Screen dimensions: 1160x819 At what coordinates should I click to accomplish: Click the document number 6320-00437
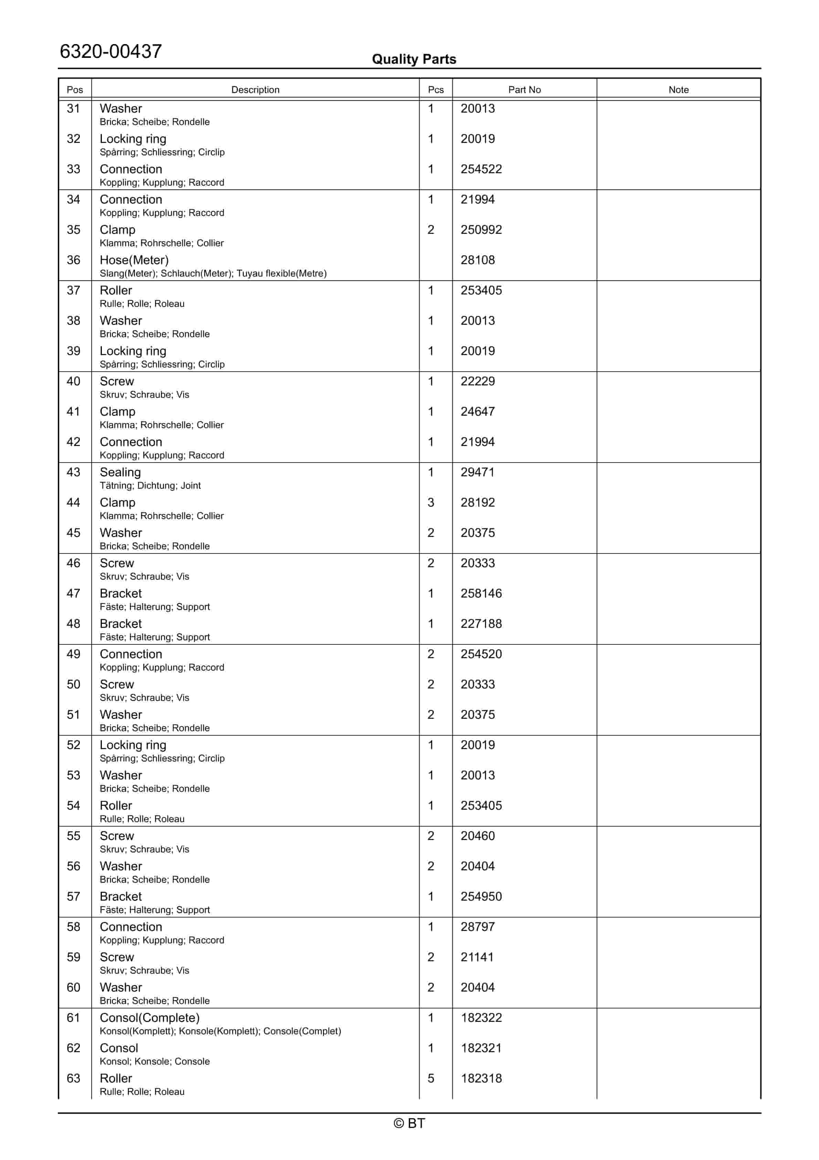(x=110, y=52)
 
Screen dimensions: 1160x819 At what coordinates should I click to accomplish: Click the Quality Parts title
(x=414, y=59)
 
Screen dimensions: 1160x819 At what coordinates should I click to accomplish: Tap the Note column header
(x=678, y=90)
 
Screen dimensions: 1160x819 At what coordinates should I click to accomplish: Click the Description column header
(x=255, y=90)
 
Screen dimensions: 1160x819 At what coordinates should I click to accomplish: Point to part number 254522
(x=481, y=169)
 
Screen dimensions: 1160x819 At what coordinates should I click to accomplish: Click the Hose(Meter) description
(x=134, y=260)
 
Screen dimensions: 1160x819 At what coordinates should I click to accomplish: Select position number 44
(x=73, y=503)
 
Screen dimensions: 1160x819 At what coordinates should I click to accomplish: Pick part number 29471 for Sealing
(x=477, y=473)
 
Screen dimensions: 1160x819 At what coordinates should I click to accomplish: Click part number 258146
(x=481, y=594)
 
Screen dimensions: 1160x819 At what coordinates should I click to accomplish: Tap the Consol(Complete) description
(x=149, y=1018)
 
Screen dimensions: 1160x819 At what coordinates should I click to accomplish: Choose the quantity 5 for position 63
(x=431, y=1079)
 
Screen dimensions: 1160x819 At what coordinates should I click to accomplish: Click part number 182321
(x=481, y=1048)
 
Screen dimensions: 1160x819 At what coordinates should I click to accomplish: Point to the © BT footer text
(x=409, y=1123)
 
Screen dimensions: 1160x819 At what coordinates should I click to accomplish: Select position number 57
(x=73, y=897)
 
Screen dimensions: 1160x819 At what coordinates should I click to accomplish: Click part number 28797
(x=477, y=927)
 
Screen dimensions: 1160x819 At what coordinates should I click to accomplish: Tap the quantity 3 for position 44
(x=431, y=503)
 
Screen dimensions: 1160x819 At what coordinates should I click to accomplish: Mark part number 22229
(x=477, y=382)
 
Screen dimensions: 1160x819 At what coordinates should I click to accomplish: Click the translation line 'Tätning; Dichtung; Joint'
(x=150, y=486)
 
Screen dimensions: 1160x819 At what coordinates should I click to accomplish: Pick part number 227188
(x=481, y=624)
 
